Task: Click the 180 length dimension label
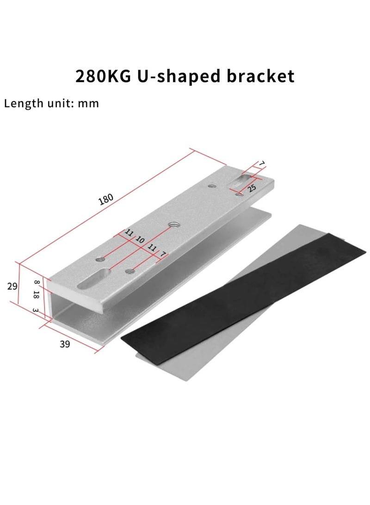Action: click(x=106, y=200)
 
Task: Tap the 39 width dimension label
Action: click(x=66, y=344)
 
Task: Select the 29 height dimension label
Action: click(x=12, y=286)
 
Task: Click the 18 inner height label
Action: click(x=37, y=294)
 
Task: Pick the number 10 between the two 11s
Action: click(x=140, y=239)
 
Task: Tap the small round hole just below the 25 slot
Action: click(x=239, y=195)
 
